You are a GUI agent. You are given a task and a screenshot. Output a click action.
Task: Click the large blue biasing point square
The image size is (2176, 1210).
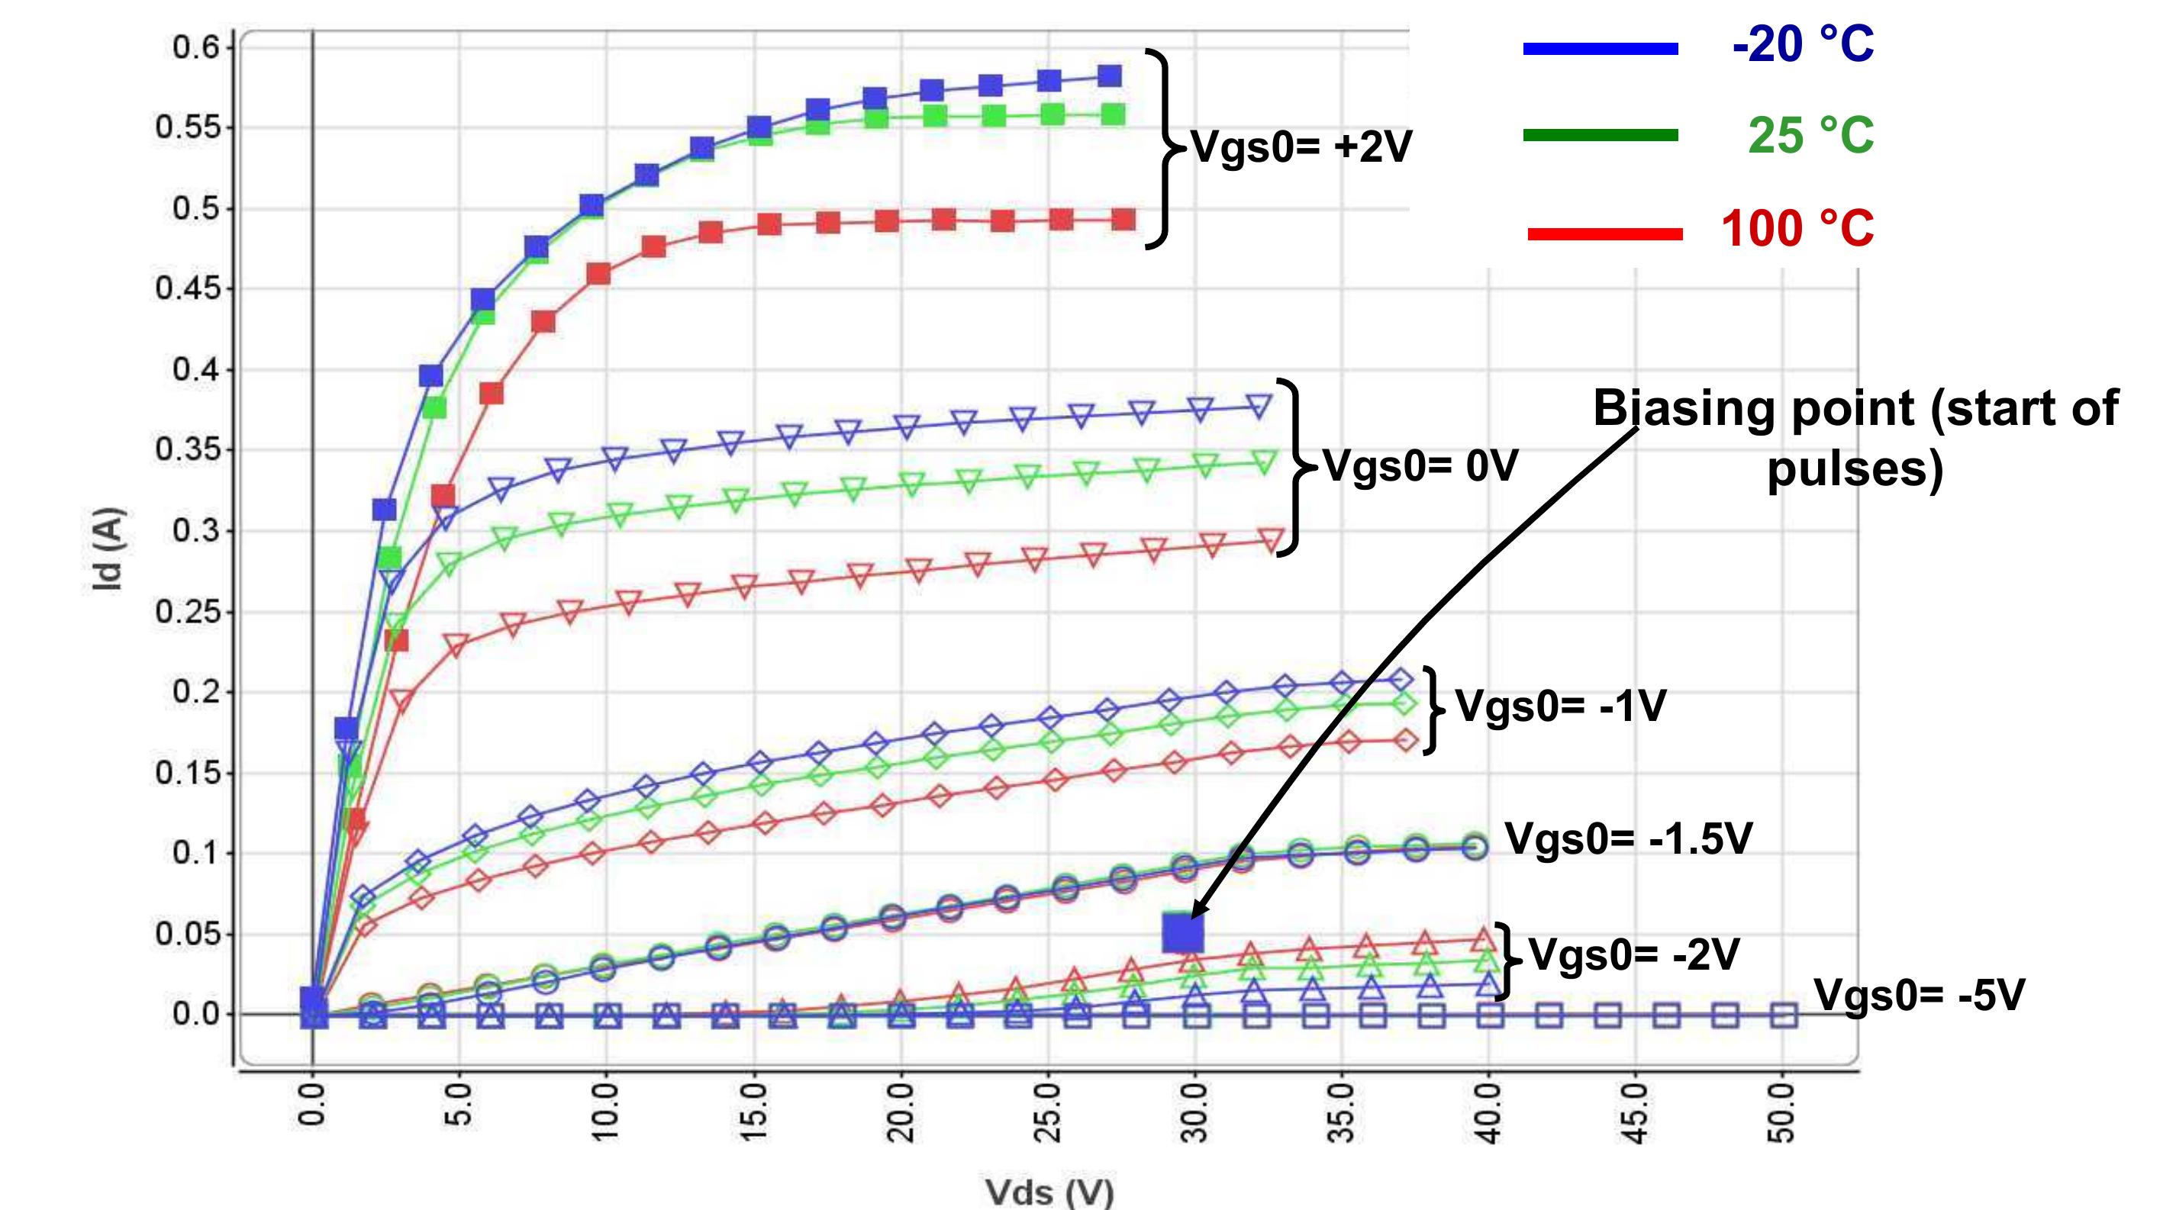1181,932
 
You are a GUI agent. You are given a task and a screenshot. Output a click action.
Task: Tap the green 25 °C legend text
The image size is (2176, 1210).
1810,135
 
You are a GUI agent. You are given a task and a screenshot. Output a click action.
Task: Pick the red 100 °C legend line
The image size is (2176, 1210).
1604,234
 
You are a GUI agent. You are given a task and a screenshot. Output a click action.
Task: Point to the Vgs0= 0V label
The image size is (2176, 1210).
1420,465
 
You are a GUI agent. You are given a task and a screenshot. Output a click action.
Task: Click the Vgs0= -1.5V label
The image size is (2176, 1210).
1628,838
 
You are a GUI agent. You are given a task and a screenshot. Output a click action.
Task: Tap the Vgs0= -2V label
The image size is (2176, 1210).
1633,955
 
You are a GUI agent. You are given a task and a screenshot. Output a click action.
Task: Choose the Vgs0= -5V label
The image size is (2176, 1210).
1920,995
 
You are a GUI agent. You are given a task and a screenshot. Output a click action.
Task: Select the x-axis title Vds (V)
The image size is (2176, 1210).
1049,1192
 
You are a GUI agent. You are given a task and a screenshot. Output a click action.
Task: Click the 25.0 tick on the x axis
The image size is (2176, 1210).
1048,1112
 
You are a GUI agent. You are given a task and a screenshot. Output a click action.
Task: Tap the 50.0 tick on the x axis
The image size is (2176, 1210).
1782,1112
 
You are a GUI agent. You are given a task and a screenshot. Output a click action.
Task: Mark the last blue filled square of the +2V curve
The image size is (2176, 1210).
1109,76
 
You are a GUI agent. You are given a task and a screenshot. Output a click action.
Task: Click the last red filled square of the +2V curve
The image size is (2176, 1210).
1123,220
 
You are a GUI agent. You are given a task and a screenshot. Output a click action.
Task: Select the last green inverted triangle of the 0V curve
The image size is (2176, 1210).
1265,461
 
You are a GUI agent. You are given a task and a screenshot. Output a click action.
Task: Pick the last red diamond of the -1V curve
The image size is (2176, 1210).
1406,740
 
